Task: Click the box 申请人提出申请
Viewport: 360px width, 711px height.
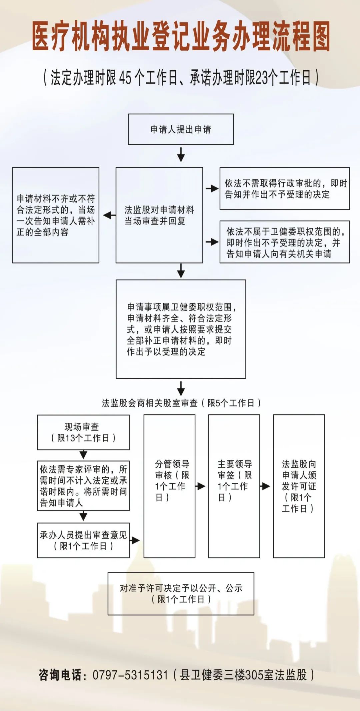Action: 181,129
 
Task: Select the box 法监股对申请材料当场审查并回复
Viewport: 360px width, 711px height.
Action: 159,215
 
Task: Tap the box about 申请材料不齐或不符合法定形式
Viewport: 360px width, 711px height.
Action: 56,215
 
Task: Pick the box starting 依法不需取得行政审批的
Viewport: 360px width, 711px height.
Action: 284,189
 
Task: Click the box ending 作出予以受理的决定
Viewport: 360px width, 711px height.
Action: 181,329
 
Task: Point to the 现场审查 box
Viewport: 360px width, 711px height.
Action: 83,432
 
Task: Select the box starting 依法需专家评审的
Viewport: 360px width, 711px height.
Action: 83,486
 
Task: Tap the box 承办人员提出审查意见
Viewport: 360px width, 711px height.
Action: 83,540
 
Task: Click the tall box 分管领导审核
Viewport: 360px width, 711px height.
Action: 169,486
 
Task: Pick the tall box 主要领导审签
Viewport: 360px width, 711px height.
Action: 234,486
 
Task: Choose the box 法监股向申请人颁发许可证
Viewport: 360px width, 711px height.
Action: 299,486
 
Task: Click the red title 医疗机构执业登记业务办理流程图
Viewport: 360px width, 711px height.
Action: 181,36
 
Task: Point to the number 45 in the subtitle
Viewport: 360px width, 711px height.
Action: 125,78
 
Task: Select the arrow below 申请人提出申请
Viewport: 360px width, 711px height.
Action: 181,155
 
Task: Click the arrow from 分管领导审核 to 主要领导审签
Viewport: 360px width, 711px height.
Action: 201,486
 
